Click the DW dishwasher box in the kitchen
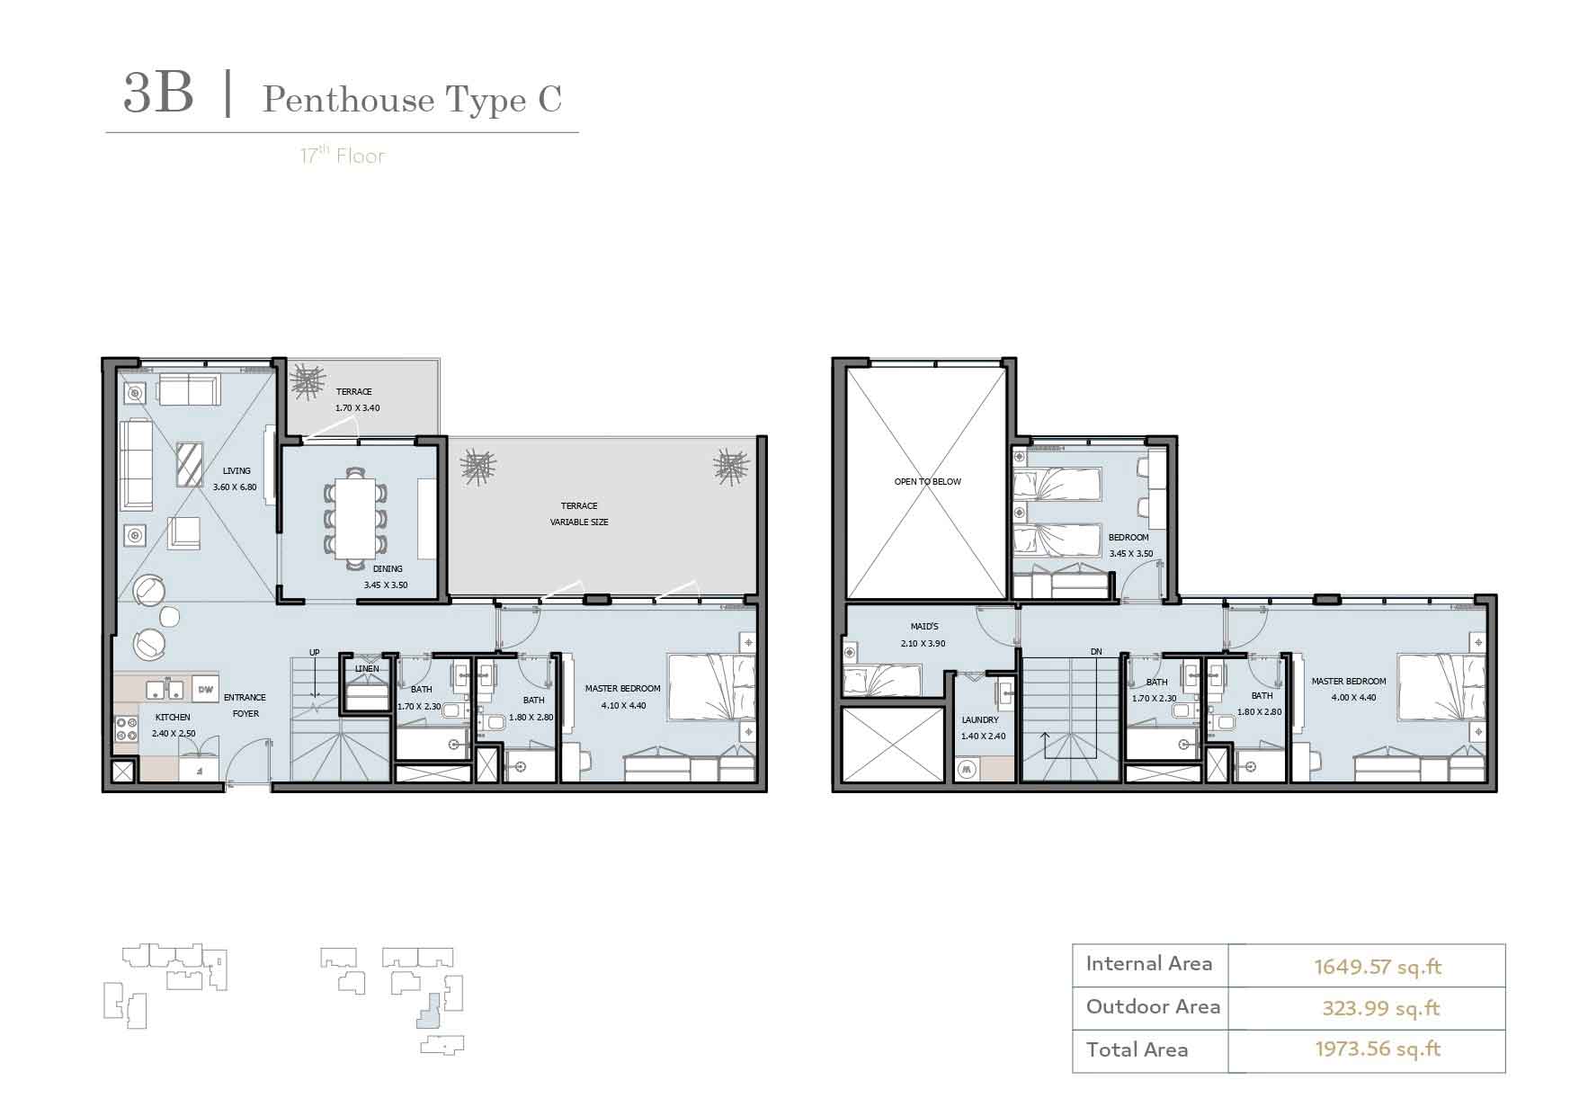tap(205, 689)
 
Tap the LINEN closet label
tap(367, 669)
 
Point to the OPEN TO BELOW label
tap(927, 482)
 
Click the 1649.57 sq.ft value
tap(1378, 967)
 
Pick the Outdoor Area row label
tap(1153, 1006)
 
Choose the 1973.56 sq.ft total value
tap(1378, 1049)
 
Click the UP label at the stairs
tap(315, 653)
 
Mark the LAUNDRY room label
tap(980, 720)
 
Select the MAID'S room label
tap(924, 627)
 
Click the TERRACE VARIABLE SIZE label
tap(579, 513)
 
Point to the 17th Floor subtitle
tap(343, 156)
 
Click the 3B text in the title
tap(158, 94)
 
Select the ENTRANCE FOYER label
tap(245, 705)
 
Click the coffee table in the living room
tap(190, 464)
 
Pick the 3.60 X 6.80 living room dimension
tap(235, 487)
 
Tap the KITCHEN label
tap(174, 718)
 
